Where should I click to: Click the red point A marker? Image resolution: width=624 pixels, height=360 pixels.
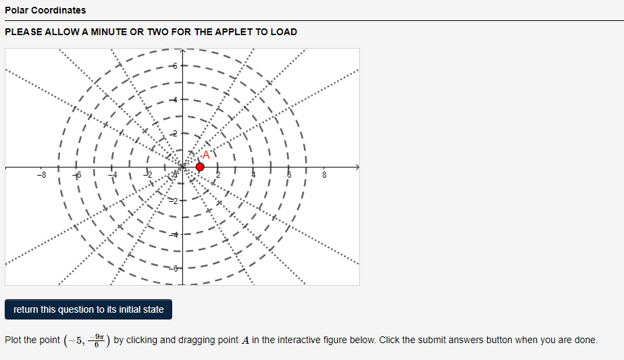(200, 166)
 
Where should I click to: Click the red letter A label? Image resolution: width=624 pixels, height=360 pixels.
(206, 155)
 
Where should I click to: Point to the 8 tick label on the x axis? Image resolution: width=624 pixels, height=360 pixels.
(323, 176)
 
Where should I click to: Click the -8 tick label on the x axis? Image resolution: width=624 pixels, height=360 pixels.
(41, 176)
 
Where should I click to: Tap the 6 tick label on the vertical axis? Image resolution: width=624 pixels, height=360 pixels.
(174, 66)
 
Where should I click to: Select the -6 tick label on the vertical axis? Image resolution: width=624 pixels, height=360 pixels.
(174, 268)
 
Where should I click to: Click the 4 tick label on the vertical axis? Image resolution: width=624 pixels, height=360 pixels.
(174, 99)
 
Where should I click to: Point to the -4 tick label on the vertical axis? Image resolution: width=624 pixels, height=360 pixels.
(174, 234)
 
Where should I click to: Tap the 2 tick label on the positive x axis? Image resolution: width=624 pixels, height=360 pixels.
(217, 176)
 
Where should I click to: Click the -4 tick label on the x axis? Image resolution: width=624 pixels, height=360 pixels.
(113, 176)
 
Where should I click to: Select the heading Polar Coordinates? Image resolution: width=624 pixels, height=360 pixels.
(45, 10)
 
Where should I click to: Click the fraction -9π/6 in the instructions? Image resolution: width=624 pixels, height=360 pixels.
(99, 339)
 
